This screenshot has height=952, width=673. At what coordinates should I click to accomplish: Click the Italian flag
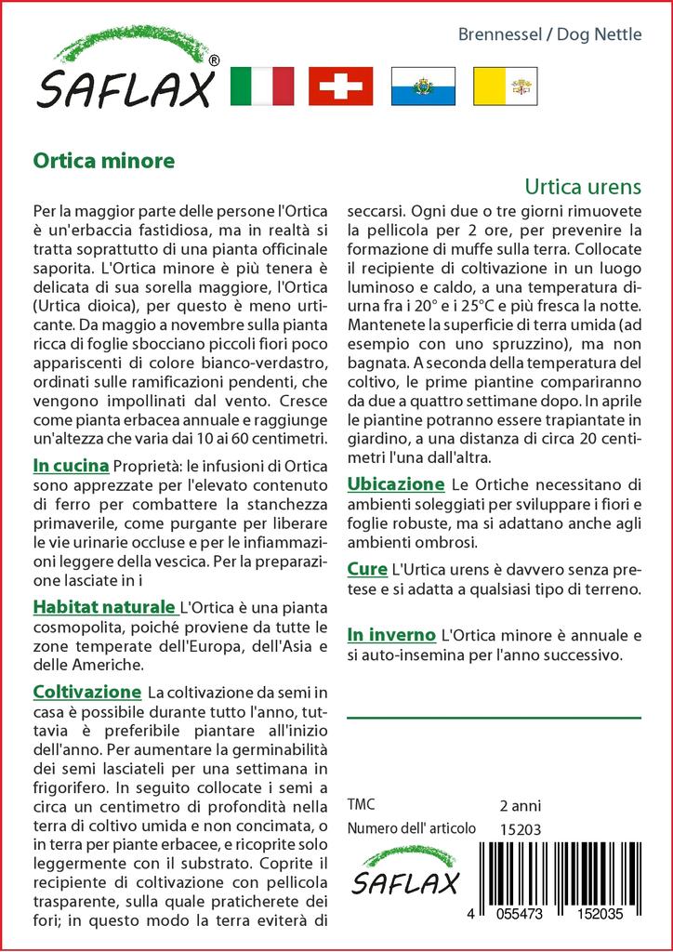261,86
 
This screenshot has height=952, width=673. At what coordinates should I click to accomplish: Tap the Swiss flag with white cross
340,86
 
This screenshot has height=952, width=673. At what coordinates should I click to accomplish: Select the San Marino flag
422,86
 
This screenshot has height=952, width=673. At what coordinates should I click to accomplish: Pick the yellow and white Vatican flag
506,86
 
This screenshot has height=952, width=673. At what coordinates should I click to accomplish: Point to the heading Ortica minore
103,160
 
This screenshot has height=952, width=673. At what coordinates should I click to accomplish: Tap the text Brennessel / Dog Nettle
550,35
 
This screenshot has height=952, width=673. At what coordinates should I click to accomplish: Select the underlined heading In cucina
71,466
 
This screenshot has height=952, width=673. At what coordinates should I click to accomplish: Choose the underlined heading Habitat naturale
103,607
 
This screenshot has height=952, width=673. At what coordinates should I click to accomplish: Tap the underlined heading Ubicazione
396,484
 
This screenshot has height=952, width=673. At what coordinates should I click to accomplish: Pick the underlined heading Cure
367,568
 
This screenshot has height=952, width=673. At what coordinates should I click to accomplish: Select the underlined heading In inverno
391,635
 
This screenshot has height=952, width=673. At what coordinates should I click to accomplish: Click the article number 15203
520,828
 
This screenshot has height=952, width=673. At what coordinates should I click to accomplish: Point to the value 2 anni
520,805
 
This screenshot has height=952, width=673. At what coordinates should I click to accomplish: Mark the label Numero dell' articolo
411,828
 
